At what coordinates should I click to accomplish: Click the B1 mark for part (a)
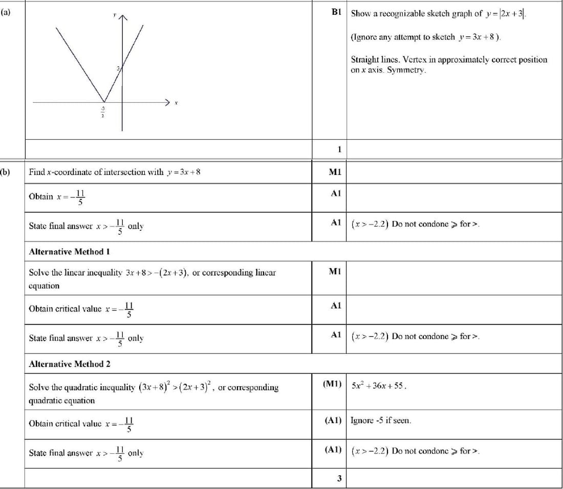336,12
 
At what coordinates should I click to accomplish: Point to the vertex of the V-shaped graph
104,102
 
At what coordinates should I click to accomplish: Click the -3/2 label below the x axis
102,112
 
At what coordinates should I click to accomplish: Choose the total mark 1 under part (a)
339,149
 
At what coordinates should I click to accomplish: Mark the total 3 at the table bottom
339,479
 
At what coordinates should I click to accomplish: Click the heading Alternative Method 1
70,252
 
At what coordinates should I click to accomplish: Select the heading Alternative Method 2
70,364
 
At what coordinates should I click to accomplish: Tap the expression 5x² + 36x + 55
379,386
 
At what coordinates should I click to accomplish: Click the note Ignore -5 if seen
381,421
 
